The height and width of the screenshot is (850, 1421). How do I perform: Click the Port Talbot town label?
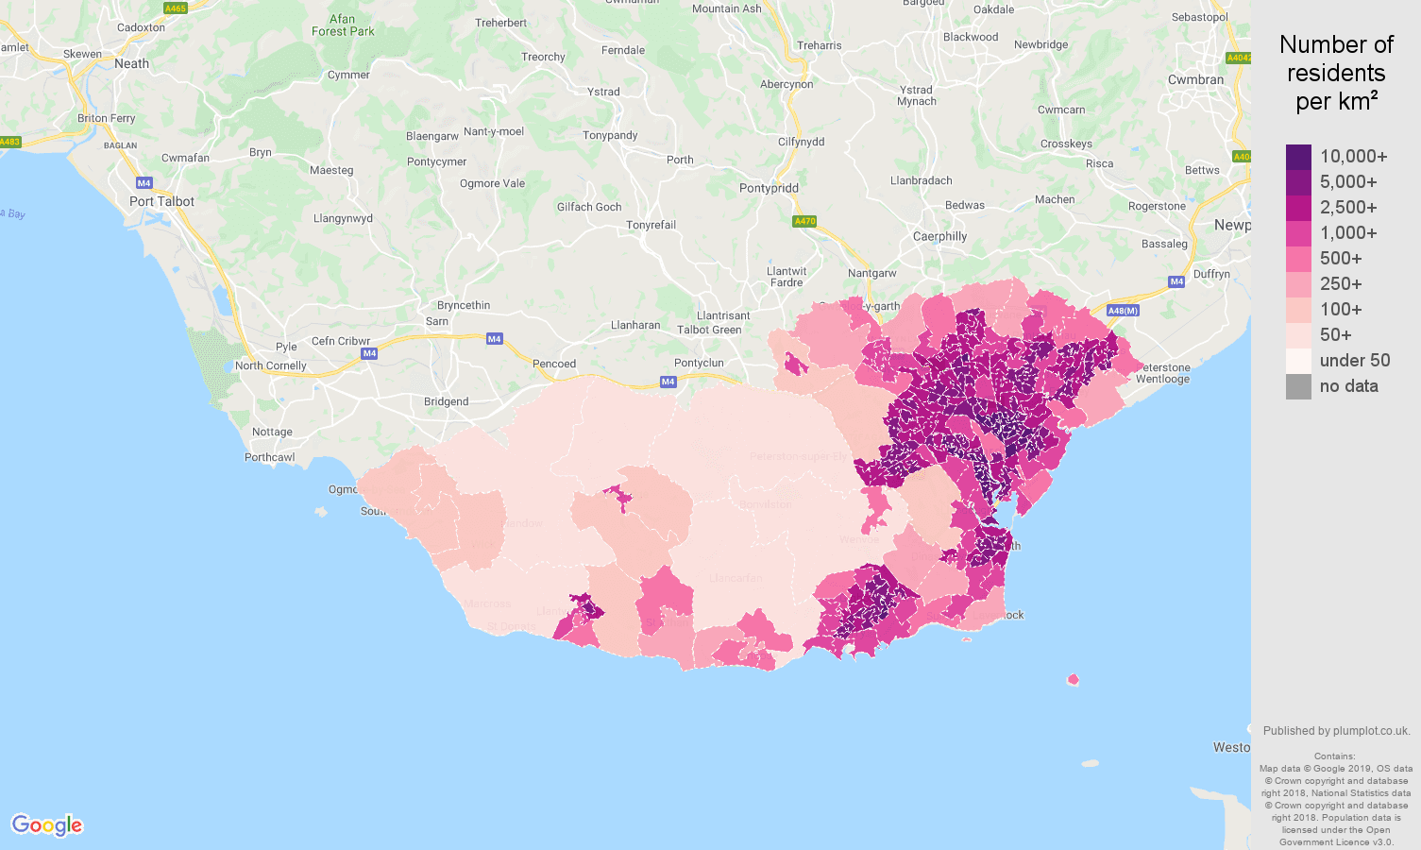click(161, 201)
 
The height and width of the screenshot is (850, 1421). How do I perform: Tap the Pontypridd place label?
click(769, 188)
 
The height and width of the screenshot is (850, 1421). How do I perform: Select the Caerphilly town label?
click(939, 236)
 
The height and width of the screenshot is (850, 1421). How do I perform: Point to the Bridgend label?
click(446, 401)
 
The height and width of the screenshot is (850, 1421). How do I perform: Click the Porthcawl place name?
click(269, 457)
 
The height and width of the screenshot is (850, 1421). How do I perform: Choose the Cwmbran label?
click(1195, 79)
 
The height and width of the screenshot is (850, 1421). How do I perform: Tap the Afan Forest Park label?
click(343, 25)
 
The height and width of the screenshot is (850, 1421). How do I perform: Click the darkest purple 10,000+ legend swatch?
click(1298, 157)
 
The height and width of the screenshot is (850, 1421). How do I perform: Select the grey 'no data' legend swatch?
click(1298, 386)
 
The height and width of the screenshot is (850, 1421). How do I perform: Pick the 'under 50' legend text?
click(1354, 361)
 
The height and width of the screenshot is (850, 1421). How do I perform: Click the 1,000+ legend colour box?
click(1298, 233)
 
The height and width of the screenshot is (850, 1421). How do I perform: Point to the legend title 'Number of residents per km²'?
click(1336, 73)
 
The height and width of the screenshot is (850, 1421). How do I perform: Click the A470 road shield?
click(804, 221)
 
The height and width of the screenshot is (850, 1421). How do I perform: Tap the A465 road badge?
click(175, 8)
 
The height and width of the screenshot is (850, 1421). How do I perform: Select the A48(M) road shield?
click(1123, 311)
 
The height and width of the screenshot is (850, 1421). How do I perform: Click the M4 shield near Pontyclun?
click(668, 382)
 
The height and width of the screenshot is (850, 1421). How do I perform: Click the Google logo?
click(47, 825)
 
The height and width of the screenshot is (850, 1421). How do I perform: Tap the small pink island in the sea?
click(1073, 679)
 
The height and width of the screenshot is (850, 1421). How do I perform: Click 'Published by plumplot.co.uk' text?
click(1336, 731)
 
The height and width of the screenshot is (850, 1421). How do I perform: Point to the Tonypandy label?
click(610, 135)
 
